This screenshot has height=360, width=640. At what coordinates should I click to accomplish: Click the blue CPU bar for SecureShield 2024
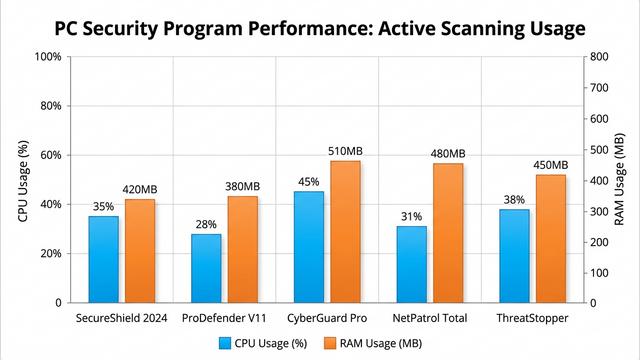(x=103, y=259)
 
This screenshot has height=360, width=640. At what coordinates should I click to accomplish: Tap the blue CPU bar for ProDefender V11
(x=206, y=268)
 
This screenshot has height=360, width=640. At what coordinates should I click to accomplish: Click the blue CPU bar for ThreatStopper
(x=514, y=255)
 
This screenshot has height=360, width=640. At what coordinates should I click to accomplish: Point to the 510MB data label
(x=345, y=151)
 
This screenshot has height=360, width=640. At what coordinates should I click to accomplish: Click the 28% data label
(x=206, y=224)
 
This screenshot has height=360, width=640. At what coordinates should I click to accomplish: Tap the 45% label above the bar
(x=309, y=182)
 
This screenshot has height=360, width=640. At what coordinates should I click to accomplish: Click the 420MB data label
(x=140, y=189)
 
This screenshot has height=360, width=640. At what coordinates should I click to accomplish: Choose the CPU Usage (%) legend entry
(x=264, y=343)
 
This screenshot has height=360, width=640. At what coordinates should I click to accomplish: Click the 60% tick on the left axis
(x=51, y=155)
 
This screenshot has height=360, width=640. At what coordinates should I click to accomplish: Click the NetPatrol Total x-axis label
(x=431, y=318)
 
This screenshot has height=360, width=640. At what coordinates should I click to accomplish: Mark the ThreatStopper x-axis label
(x=533, y=318)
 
